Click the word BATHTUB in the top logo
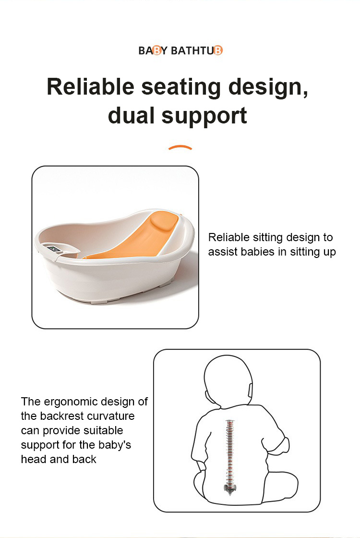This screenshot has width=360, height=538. click(196, 50)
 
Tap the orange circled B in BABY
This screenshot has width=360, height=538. click(156, 51)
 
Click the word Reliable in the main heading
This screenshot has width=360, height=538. click(91, 86)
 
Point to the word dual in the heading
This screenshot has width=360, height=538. click(131, 115)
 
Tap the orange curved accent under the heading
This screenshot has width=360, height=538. click(180, 147)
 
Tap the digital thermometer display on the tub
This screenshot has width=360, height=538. click(53, 249)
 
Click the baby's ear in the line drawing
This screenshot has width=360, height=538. click(250, 390)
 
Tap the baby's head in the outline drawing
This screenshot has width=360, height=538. click(228, 381)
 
